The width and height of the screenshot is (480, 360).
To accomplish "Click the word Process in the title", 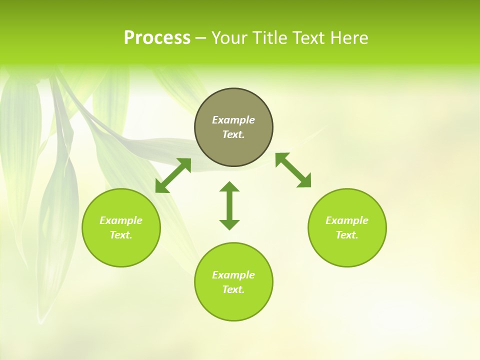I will pyautogui.click(x=157, y=38).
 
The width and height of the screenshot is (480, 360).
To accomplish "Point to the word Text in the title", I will pyautogui.click(x=309, y=38).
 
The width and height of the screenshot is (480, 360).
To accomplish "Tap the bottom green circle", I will pyautogui.click(x=233, y=305).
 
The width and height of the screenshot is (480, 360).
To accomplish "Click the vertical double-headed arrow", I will pyautogui.click(x=229, y=205).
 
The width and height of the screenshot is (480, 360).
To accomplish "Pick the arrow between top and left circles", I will pyautogui.click(x=173, y=175).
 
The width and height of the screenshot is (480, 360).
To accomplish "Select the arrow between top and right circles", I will pyautogui.click(x=293, y=170).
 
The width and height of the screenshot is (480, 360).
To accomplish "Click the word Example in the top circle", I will pyautogui.click(x=233, y=120).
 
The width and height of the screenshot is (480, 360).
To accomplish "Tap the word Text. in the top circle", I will pyautogui.click(x=233, y=134).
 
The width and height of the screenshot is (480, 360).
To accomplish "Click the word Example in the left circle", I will pyautogui.click(x=121, y=220).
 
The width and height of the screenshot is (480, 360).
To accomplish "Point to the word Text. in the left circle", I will pyautogui.click(x=121, y=235).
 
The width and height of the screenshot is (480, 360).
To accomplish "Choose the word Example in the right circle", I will pyautogui.click(x=347, y=220).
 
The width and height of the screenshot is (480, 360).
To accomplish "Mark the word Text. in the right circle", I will pyautogui.click(x=347, y=235).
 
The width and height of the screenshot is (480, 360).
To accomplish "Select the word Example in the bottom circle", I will pyautogui.click(x=233, y=275).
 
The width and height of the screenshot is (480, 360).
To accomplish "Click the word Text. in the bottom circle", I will pyautogui.click(x=233, y=289).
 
